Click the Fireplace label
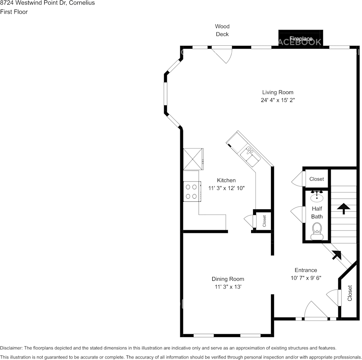[301, 39]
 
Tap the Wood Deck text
[222, 30]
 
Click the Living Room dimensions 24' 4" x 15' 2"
[277, 100]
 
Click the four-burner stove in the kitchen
[192, 191]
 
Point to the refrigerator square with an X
[193, 159]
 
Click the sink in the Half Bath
[317, 196]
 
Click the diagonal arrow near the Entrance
[336, 255]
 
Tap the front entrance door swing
[315, 310]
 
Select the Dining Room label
[228, 279]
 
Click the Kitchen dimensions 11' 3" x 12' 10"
[226, 188]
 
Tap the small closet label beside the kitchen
[264, 221]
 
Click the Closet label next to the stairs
[316, 179]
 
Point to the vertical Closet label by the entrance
[349, 293]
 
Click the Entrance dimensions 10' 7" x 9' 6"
[306, 278]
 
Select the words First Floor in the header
[14, 12]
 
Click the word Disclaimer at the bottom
[11, 348]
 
